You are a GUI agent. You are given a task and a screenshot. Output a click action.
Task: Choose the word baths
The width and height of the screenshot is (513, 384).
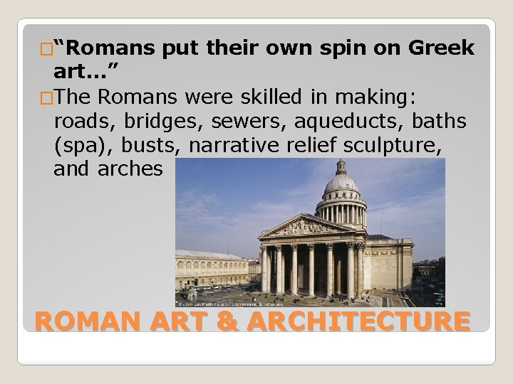(x=440, y=122)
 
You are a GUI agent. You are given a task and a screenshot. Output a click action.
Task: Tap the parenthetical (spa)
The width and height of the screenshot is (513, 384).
(x=82, y=146)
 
